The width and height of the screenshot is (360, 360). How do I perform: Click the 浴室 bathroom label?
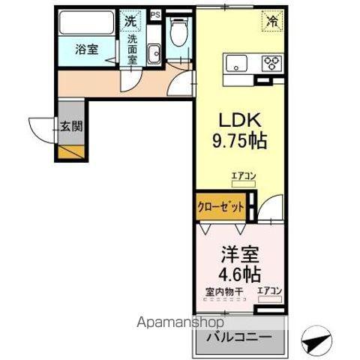pos(86,50)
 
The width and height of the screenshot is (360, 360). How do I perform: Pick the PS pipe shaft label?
pos(155,14)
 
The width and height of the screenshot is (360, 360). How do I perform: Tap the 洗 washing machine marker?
pos(130,22)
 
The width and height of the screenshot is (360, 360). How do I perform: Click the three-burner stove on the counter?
pos(271,63)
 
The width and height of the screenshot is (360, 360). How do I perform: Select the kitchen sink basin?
pos(235,62)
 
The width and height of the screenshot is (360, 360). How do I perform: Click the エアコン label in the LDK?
pos(243,175)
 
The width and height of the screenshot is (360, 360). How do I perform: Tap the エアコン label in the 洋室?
pos(269,291)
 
